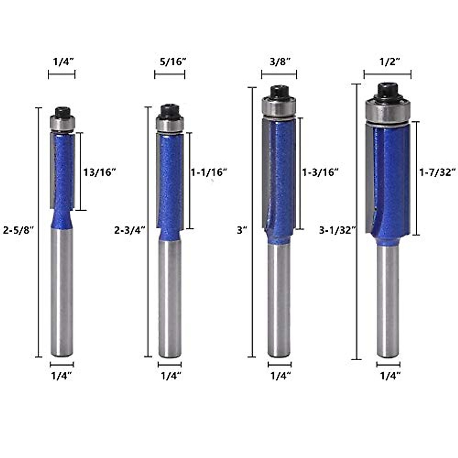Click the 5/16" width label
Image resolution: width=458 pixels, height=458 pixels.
point(170,62)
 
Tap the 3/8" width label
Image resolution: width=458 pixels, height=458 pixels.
point(279,62)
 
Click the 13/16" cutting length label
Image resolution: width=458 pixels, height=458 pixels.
point(99,172)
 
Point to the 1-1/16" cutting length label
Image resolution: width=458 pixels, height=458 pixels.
point(209,172)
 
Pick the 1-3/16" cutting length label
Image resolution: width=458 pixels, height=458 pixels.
point(320,173)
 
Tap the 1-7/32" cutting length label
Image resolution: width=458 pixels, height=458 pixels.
point(437,173)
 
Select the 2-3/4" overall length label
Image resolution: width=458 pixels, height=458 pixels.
point(129,230)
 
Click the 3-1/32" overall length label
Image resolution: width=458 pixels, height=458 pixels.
point(337,230)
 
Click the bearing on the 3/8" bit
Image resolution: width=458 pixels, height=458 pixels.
point(279,107)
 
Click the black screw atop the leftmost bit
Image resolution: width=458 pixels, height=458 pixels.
point(62,112)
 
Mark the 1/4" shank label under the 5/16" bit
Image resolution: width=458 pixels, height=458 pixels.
point(170,376)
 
